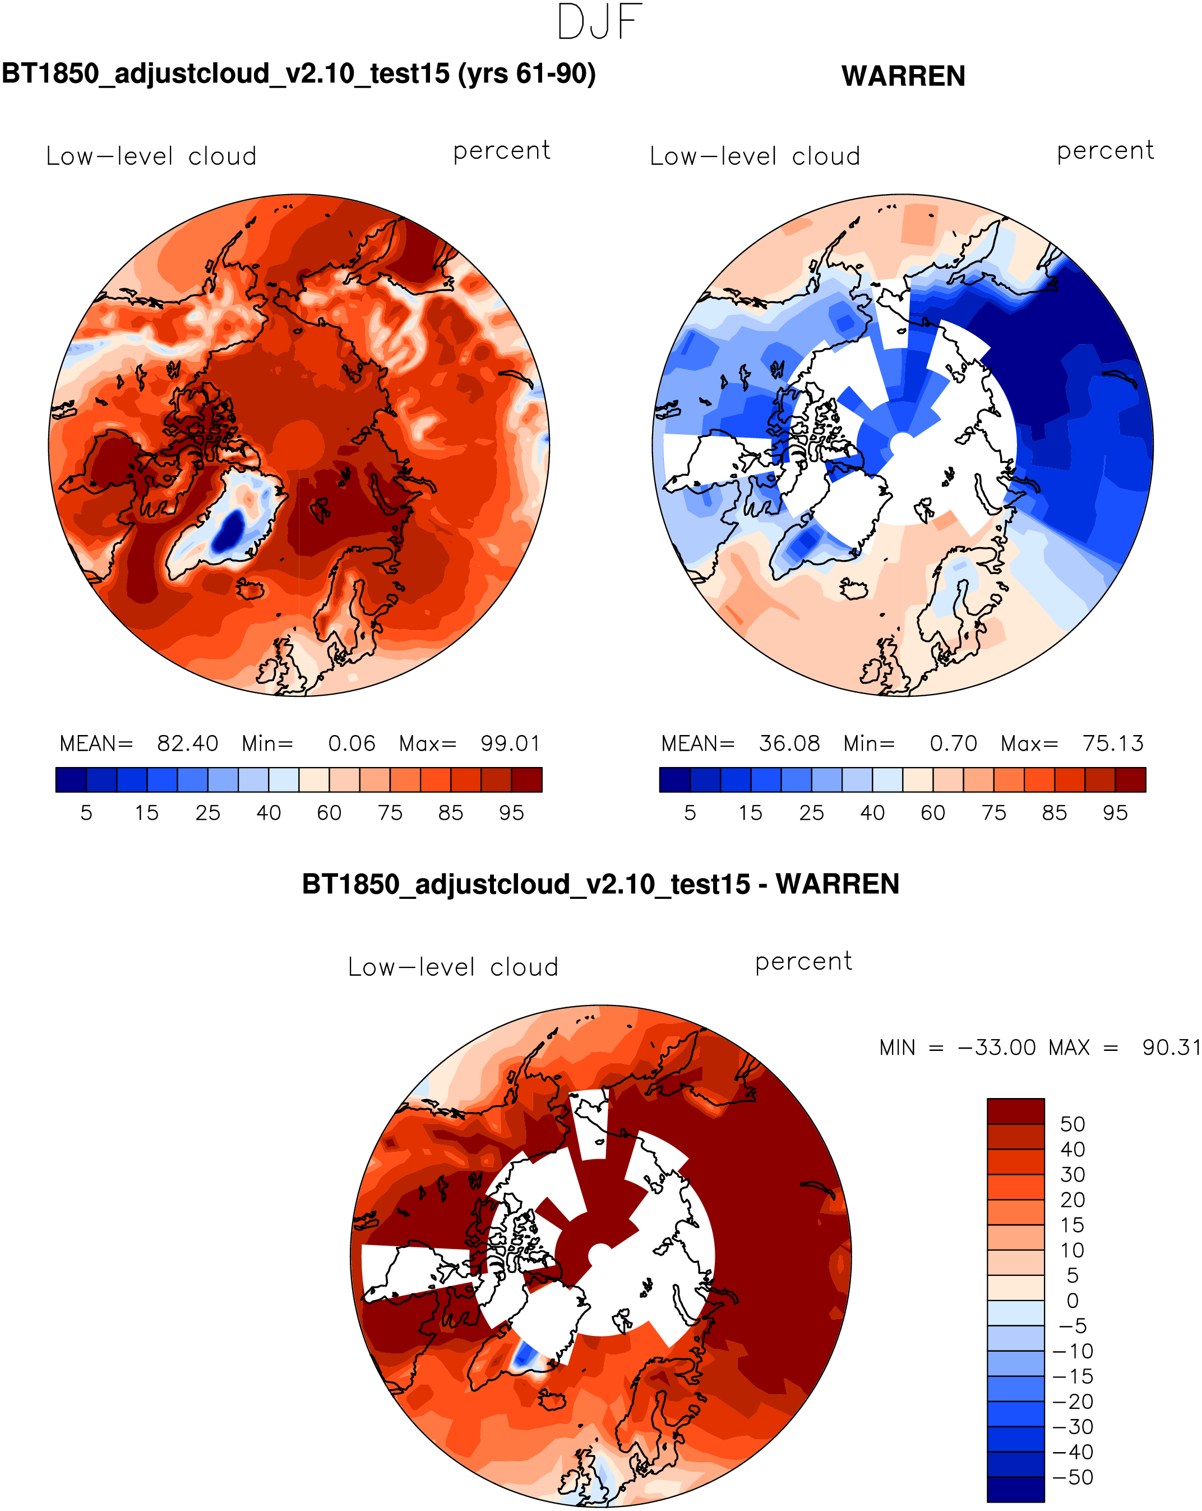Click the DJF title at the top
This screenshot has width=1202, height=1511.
pyautogui.click(x=600, y=22)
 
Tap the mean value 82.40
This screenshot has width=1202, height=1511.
pyautogui.click(x=187, y=743)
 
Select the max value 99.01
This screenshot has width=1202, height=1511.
pyautogui.click(x=510, y=743)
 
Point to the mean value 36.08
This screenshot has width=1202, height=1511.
pyautogui.click(x=789, y=743)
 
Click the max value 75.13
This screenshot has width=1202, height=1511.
pyautogui.click(x=1112, y=743)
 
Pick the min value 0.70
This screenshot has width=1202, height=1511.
pyautogui.click(x=953, y=743)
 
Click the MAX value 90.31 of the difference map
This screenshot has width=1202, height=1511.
pyautogui.click(x=1171, y=1048)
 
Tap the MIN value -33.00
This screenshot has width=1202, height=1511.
pyautogui.click(x=996, y=1048)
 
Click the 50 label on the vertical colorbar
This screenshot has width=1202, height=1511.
pyautogui.click(x=1072, y=1124)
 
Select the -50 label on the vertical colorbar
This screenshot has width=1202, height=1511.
pyautogui.click(x=1072, y=1477)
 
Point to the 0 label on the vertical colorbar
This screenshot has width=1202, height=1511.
pyautogui.click(x=1072, y=1301)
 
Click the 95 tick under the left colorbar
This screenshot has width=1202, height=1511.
pyautogui.click(x=511, y=813)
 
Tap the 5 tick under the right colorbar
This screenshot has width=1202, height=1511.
pyautogui.click(x=690, y=813)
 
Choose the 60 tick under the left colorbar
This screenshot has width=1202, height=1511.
pyautogui.click(x=329, y=813)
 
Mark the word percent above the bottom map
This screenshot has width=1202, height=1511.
pyautogui.click(x=803, y=962)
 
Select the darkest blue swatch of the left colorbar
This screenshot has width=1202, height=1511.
pyautogui.click(x=71, y=779)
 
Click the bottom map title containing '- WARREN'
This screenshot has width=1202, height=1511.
pyautogui.click(x=600, y=884)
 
